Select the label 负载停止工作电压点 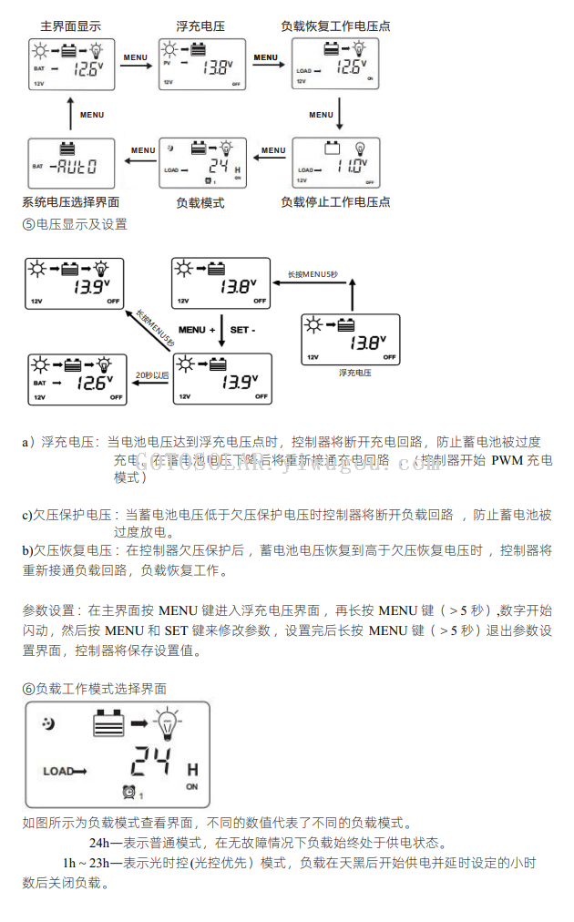335,202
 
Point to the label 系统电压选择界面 70,202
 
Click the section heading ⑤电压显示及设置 74,224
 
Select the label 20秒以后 151,374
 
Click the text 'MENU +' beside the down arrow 197,330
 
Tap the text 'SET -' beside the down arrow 243,330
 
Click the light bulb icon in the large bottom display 168,725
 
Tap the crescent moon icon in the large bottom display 48,724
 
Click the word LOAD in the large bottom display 58,772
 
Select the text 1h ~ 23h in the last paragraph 87,862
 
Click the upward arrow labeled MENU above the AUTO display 70,115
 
